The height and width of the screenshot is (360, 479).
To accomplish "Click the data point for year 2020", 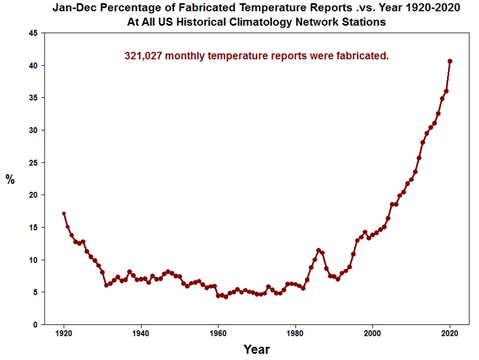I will [450, 61].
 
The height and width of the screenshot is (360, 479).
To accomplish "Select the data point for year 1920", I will [63, 213].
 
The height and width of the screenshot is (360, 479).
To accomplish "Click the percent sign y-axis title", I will [10, 180].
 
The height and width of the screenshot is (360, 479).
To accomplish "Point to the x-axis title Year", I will [256, 349].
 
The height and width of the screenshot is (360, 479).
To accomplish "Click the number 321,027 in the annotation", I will [144, 56].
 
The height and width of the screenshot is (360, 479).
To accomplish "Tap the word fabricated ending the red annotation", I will [365, 56].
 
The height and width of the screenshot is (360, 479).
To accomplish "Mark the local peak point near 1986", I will [318, 250].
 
